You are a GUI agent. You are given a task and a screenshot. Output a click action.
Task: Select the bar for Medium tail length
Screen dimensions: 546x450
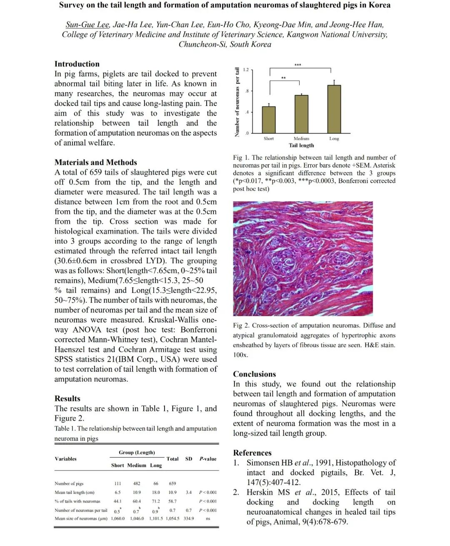(x=301, y=114)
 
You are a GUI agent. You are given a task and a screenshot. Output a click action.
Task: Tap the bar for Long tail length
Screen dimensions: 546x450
(x=334, y=109)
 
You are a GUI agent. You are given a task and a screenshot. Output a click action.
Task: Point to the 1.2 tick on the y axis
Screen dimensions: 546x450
(x=246, y=70)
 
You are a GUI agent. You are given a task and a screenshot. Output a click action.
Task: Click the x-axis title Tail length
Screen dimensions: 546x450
(x=301, y=145)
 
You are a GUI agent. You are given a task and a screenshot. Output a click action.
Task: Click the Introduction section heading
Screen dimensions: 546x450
(x=77, y=64)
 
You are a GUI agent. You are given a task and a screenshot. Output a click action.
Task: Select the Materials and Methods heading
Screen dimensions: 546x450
(x=95, y=162)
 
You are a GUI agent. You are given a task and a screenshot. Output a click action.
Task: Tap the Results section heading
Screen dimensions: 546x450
(x=67, y=398)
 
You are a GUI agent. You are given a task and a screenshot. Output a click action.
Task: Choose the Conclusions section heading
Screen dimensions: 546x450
(x=255, y=374)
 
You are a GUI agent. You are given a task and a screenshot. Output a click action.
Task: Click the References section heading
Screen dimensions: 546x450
(x=252, y=453)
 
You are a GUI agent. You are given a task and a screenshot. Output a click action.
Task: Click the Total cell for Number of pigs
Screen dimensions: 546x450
(x=172, y=483)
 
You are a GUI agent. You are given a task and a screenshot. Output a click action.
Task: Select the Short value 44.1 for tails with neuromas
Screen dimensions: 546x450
(x=118, y=501)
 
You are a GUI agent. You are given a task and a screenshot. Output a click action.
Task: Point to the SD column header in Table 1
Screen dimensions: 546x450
(x=189, y=459)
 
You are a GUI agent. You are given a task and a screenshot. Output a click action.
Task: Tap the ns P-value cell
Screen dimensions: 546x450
(x=208, y=518)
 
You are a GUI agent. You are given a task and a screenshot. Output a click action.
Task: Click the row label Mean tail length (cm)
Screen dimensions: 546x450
(x=75, y=492)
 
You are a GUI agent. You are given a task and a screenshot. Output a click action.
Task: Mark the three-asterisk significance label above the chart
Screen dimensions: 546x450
(x=297, y=65)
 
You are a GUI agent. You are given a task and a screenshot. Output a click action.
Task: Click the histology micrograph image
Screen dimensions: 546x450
(x=303, y=259)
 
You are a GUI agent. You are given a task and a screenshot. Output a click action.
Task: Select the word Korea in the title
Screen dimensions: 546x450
(x=380, y=5)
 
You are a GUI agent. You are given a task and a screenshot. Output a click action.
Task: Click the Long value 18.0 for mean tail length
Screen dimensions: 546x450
(x=156, y=492)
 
